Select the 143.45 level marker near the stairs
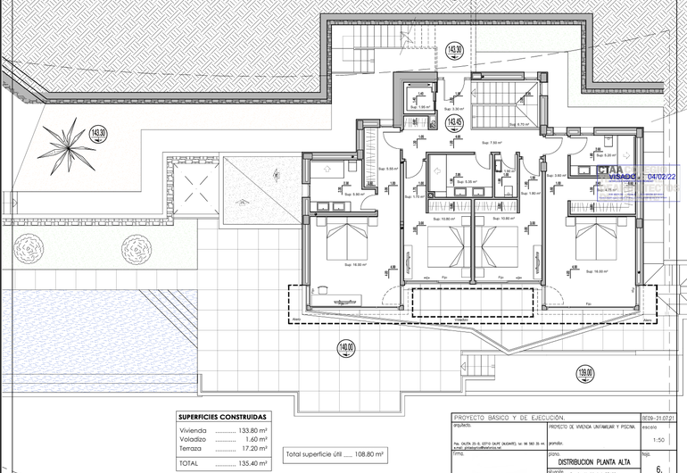tap(454, 122)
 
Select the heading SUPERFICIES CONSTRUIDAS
tap(221, 417)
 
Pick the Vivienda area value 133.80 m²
tap(252, 429)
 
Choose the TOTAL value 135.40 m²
tap(252, 463)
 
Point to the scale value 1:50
tap(658, 440)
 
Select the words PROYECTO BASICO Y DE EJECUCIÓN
tap(509, 417)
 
